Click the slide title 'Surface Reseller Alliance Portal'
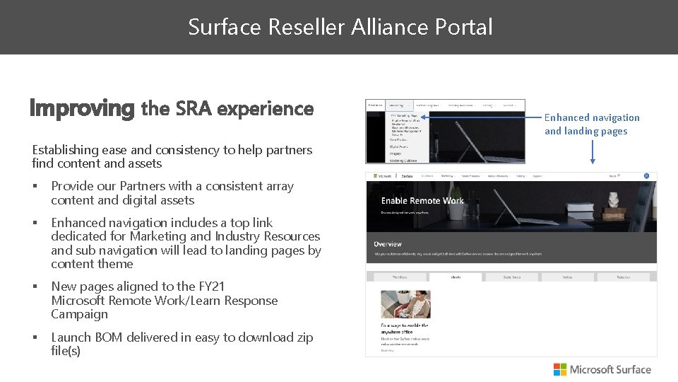tap(340, 27)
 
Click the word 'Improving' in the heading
tap(81, 108)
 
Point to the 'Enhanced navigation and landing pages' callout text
tap(591, 124)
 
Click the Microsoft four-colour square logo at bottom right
tap(559, 369)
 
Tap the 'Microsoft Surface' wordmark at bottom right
tap(610, 369)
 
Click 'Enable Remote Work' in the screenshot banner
tap(422, 201)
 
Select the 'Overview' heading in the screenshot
tap(387, 244)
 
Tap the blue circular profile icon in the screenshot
tap(646, 175)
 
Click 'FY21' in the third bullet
tap(211, 286)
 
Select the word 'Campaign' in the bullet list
tap(79, 314)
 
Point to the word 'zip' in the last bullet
tap(304, 337)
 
